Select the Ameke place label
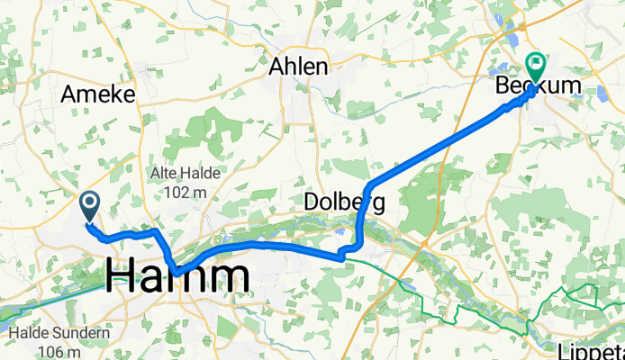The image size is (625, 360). (97, 94)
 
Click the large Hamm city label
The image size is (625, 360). (177, 276)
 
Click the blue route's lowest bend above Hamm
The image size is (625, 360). (178, 271)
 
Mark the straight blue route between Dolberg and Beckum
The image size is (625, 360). (441, 144)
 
